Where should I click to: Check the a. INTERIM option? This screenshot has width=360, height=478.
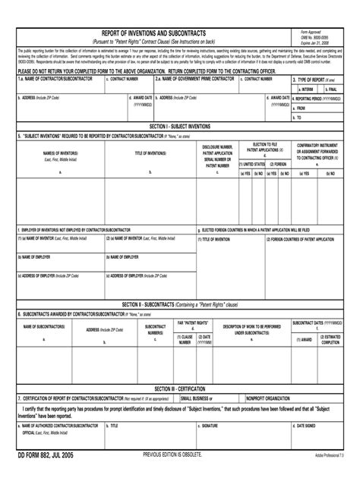coord(305,88)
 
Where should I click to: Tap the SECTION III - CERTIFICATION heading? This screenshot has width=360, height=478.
coord(179,387)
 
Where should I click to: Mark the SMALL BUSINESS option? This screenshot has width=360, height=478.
coord(196,397)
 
